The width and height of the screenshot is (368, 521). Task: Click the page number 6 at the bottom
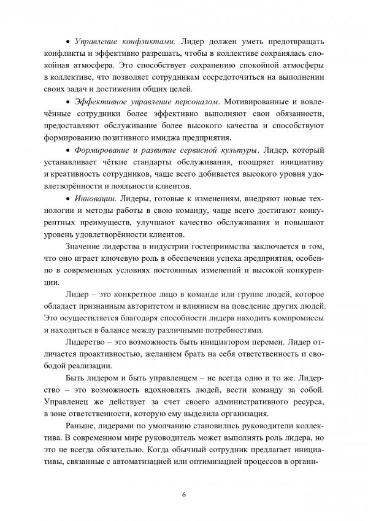click(184, 494)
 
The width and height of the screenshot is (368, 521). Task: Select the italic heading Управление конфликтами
click(126, 41)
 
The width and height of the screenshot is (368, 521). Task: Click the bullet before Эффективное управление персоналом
click(67, 100)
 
